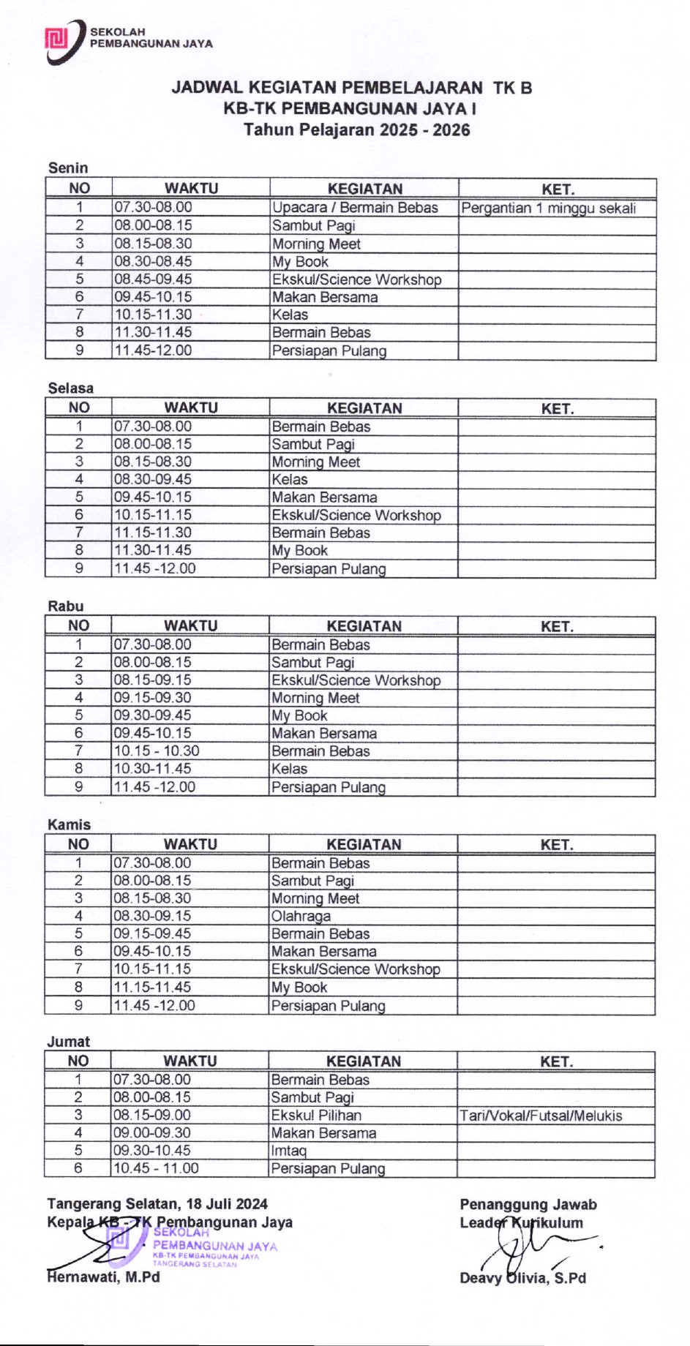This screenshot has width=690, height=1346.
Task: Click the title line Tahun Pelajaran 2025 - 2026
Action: click(356, 130)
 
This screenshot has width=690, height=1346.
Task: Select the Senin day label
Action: click(68, 168)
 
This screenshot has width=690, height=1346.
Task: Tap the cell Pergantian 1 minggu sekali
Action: click(548, 208)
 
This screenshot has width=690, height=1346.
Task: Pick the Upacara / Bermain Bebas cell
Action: click(355, 208)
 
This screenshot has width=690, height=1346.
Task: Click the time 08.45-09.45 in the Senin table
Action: click(153, 279)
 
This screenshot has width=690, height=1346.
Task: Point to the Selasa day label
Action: click(71, 388)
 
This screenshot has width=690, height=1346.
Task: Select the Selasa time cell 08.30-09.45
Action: click(153, 479)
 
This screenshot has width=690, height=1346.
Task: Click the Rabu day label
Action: click(66, 606)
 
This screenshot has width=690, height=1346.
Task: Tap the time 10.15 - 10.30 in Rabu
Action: click(157, 751)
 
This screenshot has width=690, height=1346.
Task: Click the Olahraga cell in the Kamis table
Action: click(301, 916)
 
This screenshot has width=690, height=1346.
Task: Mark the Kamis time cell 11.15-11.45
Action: click(152, 987)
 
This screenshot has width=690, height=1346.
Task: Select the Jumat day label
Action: click(69, 1041)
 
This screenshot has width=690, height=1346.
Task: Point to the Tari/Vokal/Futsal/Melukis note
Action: click(541, 1116)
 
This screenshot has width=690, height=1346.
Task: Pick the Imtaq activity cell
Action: click(289, 1151)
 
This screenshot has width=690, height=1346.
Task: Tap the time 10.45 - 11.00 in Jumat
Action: click(156, 1168)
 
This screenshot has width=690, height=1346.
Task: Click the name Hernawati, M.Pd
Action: click(103, 1277)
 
